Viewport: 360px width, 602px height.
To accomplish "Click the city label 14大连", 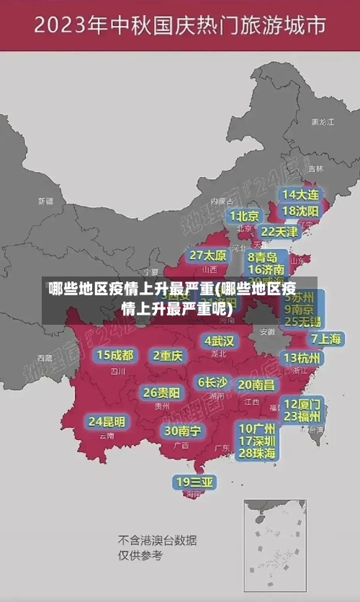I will [300, 194].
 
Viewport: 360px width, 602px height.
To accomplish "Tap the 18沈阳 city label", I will [300, 211].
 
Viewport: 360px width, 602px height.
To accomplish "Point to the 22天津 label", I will [278, 232].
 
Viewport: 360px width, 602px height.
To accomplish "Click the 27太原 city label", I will [207, 256].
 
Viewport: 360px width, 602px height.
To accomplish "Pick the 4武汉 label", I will [219, 341].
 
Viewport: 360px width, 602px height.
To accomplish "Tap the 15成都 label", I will [114, 355].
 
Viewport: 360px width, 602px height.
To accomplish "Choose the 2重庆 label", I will [168, 356].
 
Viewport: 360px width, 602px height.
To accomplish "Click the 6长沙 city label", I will [212, 382].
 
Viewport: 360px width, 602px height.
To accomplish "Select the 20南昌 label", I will [256, 385].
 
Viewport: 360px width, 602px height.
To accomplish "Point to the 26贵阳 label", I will [161, 393].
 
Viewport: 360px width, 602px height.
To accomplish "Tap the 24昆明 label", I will [107, 421].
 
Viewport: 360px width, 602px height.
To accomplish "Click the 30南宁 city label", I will [181, 431].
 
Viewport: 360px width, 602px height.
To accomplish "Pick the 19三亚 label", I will [194, 481].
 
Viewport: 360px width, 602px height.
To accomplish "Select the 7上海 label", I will [325, 338].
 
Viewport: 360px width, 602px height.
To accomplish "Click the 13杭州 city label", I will [302, 358].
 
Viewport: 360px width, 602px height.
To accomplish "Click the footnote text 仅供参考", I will [140, 556].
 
